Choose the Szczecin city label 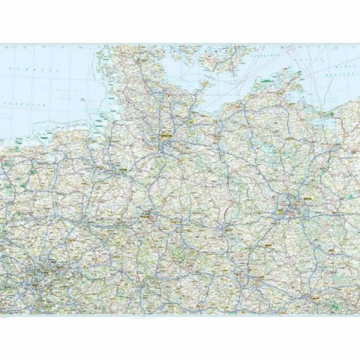[353, 150]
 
